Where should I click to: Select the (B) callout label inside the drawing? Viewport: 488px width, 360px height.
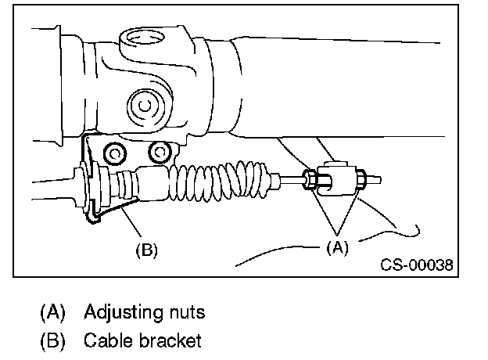pyautogui.click(x=146, y=250)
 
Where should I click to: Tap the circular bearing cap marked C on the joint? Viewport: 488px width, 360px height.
pyautogui.click(x=144, y=103)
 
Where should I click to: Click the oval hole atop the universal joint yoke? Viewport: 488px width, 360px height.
pyautogui.click(x=142, y=37)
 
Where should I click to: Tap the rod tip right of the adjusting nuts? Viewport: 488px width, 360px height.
pyautogui.click(x=377, y=178)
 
